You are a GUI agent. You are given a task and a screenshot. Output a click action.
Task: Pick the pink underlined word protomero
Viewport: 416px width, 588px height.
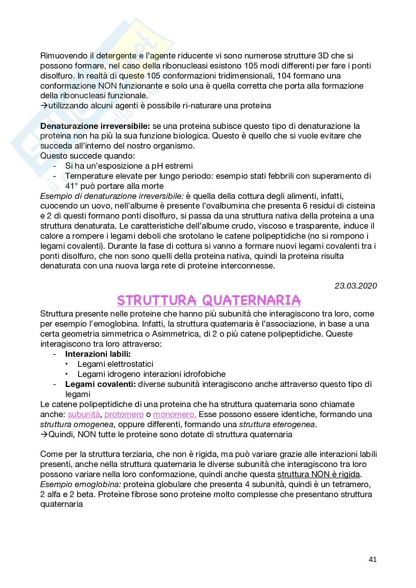click(124, 414)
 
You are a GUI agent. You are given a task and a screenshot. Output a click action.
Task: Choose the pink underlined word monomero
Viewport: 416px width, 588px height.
click(175, 414)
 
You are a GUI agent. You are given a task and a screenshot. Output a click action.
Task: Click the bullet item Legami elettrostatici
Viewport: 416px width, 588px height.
click(115, 364)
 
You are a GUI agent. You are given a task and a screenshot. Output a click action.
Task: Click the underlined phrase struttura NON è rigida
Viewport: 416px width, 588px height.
click(319, 474)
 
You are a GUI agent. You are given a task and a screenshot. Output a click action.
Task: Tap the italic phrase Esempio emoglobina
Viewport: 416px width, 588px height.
click(81, 484)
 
